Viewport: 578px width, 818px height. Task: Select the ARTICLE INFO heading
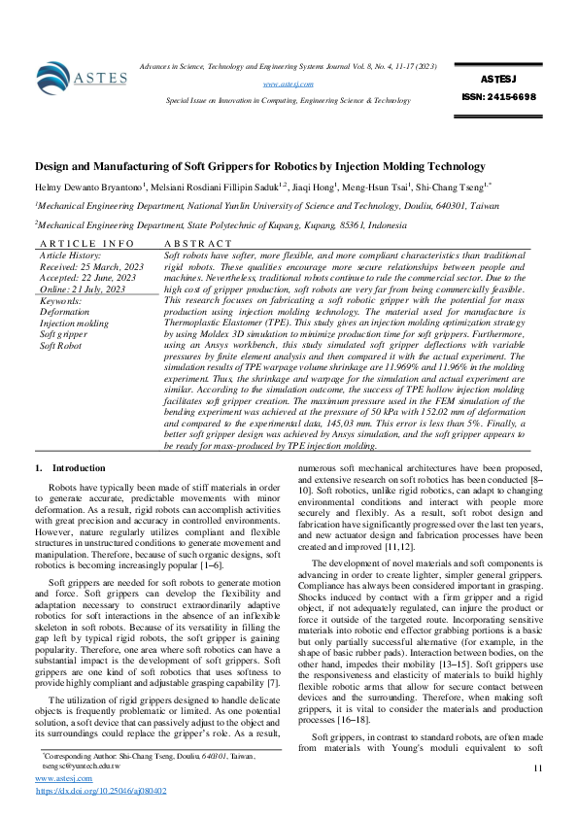(x=86, y=243)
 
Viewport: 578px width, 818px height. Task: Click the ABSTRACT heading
(x=198, y=243)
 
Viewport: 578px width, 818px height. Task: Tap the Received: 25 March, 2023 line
(x=91, y=266)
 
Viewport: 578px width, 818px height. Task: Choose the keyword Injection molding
(x=75, y=324)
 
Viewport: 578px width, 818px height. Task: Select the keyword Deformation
(x=64, y=313)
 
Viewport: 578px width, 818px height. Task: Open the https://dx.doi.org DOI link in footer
(x=101, y=791)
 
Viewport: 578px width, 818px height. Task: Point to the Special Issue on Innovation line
(x=288, y=100)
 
